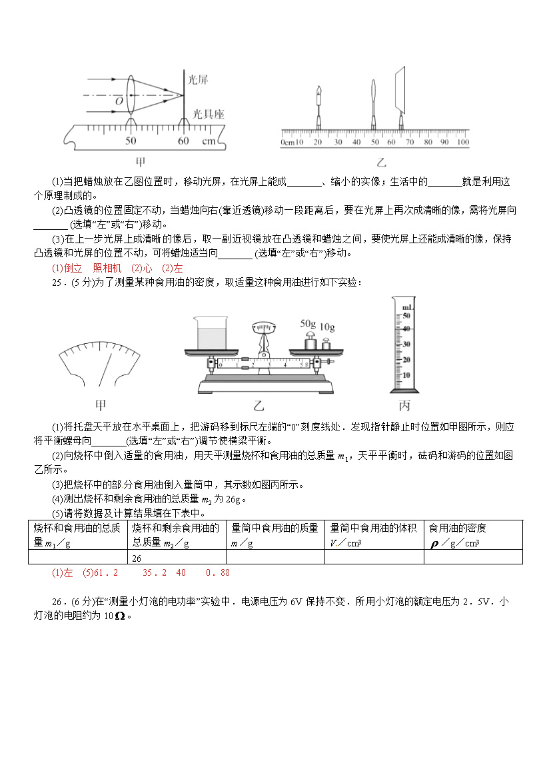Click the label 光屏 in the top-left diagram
pyautogui.click(x=198, y=79)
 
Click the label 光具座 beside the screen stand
pyautogui.click(x=208, y=115)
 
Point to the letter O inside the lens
pyautogui.click(x=119, y=101)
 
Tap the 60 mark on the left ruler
pyautogui.click(x=184, y=141)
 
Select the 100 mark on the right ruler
pyautogui.click(x=462, y=142)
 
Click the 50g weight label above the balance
pyautogui.click(x=308, y=323)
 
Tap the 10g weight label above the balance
pyautogui.click(x=327, y=327)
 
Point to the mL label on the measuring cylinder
pyautogui.click(x=406, y=307)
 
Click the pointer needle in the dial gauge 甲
pyautogui.click(x=104, y=369)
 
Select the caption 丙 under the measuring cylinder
pyautogui.click(x=404, y=406)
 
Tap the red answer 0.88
pyautogui.click(x=218, y=572)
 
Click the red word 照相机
pyautogui.click(x=107, y=268)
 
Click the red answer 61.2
pyautogui.click(x=107, y=572)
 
